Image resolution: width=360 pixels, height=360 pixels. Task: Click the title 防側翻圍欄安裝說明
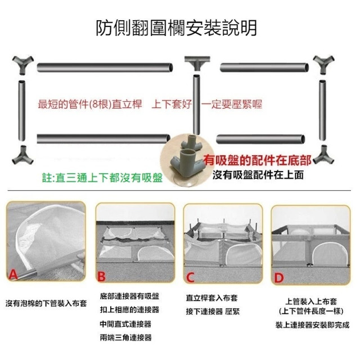(176, 28)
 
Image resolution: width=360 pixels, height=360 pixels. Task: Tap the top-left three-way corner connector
(22, 65)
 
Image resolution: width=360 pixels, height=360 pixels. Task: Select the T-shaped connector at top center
(197, 62)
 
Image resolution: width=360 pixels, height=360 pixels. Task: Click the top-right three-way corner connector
(324, 64)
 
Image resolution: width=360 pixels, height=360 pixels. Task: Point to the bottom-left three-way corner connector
(22, 155)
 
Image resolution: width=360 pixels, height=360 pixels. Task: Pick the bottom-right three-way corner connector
(323, 155)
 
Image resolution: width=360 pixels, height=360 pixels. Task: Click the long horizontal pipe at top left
(105, 67)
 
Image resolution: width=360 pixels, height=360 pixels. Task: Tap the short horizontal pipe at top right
(264, 67)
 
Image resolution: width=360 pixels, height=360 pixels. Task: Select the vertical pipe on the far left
(22, 111)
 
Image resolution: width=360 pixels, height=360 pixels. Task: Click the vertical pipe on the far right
(322, 110)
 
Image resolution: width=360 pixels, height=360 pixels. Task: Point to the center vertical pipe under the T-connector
(196, 105)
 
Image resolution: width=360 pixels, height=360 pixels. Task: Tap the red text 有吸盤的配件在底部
(257, 160)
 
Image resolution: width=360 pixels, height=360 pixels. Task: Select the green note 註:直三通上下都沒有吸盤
(102, 178)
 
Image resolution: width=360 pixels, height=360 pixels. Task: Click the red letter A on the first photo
(13, 274)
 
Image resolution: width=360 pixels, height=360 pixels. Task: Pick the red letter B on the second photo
(101, 276)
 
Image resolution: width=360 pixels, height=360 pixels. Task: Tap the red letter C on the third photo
(190, 277)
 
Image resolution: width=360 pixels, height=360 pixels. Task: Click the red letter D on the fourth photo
(279, 278)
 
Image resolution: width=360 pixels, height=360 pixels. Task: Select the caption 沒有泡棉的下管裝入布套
(46, 304)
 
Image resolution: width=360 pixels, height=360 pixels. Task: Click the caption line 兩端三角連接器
(126, 337)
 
